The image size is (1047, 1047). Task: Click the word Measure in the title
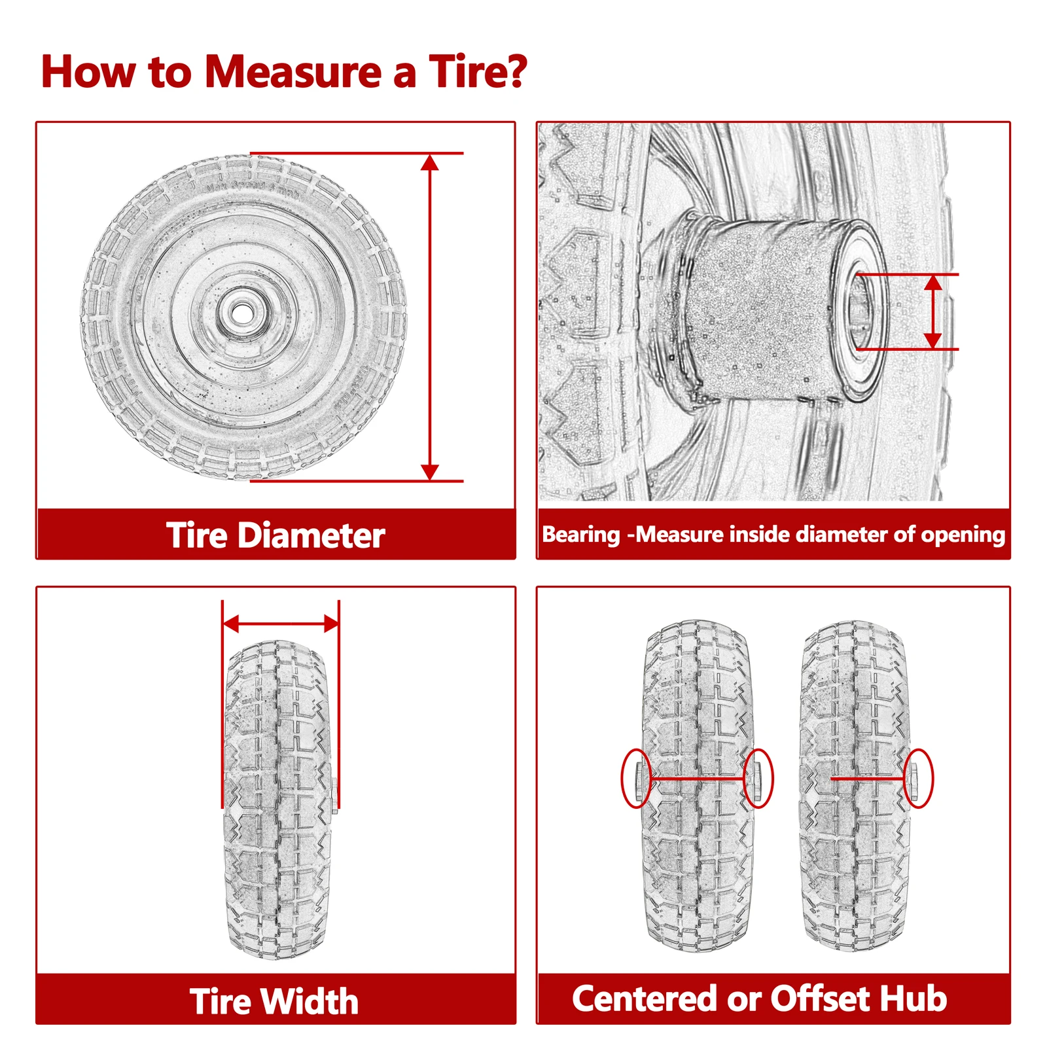293,71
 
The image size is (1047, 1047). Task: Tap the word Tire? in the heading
478,71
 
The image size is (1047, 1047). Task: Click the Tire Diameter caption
275,535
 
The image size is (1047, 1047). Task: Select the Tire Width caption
274,1001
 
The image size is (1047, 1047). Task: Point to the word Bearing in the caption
580,535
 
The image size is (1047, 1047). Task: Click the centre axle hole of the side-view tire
241,310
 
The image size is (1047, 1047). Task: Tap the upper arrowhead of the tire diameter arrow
429,162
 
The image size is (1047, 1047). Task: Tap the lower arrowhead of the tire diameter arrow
429,472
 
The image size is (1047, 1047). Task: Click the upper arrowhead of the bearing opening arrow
933,282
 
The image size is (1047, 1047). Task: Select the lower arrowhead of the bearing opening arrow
933,341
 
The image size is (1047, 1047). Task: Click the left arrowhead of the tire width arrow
231,624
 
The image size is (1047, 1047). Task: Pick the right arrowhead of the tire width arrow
331,624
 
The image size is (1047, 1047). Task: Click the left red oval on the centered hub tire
635,778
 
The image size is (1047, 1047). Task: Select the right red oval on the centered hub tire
758,778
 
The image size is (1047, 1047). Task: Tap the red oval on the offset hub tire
918,778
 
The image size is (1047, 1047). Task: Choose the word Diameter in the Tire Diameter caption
311,535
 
